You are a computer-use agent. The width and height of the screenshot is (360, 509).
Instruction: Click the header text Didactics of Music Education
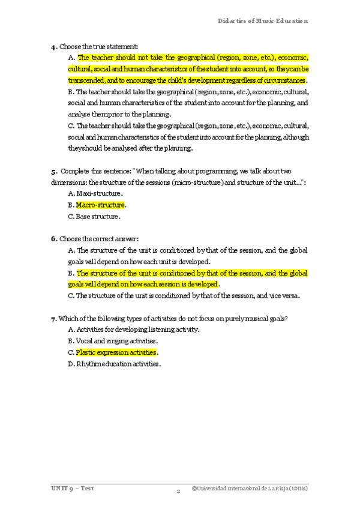point(263,20)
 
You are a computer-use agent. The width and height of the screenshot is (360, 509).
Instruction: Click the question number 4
point(53,46)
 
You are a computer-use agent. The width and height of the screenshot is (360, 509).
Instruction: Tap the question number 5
point(53,171)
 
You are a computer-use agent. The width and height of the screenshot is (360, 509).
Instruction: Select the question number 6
point(53,238)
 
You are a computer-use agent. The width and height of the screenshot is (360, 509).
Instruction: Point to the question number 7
point(53,319)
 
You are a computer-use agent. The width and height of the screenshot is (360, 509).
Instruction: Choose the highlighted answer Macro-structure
point(100,205)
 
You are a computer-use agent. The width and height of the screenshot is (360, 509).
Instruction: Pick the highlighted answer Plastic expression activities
point(116,353)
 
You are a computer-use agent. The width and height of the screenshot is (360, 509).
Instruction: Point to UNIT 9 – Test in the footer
point(72,488)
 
